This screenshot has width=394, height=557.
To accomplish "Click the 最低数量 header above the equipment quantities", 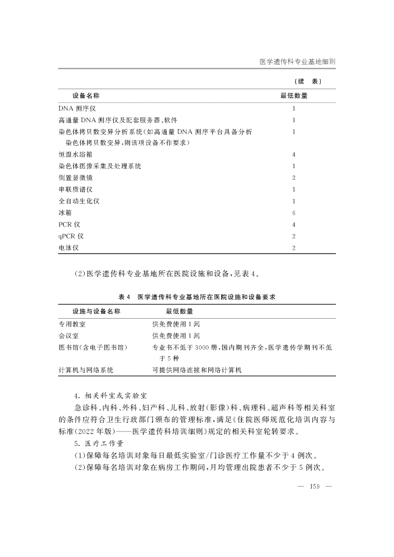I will coord(294,96).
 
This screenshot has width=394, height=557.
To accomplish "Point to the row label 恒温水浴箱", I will coord(75,155).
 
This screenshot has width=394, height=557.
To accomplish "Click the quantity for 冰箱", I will coord(294,213).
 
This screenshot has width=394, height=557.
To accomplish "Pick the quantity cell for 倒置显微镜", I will coord(294,178).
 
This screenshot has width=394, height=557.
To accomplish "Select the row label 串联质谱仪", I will coord(75,190).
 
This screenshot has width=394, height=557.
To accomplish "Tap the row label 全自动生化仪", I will coord(79,201).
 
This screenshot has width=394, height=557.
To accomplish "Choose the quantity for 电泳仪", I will coord(294,248).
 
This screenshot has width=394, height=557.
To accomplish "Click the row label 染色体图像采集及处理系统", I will coord(99,166).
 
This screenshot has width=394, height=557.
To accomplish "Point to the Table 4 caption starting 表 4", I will coord(200,297).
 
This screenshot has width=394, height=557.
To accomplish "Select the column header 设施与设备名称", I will coord(96,312).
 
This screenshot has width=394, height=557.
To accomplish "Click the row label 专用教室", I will coord(72,324).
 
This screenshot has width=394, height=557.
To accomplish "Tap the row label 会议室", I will coord(68,336).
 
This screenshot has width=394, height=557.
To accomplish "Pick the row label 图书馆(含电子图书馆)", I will coord(93,348).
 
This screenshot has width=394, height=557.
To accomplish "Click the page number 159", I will coord(315,487).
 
